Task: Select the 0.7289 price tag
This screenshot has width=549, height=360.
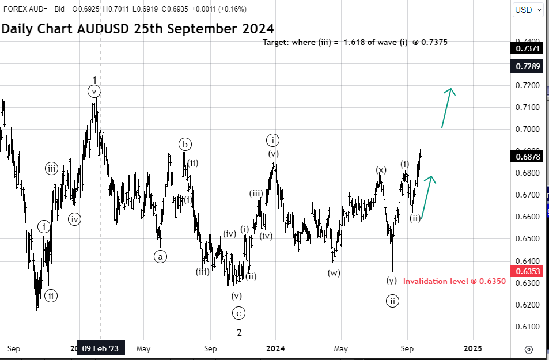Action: coord(527,66)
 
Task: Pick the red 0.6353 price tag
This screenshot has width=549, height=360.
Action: coord(527,271)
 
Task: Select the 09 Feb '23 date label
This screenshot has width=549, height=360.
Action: coord(100,348)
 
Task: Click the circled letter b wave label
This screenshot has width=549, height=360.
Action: coord(184,144)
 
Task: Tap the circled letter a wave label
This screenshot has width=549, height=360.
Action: coord(160,257)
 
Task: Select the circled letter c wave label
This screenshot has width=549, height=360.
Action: coord(238,313)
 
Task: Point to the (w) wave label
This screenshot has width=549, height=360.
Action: coord(334,272)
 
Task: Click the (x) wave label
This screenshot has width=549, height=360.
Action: coord(381,170)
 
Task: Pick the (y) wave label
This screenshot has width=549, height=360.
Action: coord(392,281)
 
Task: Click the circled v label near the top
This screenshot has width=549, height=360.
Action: coord(94,91)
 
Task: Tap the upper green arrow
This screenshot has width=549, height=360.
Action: coord(447,107)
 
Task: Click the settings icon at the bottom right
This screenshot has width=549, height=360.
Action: coord(529,348)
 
